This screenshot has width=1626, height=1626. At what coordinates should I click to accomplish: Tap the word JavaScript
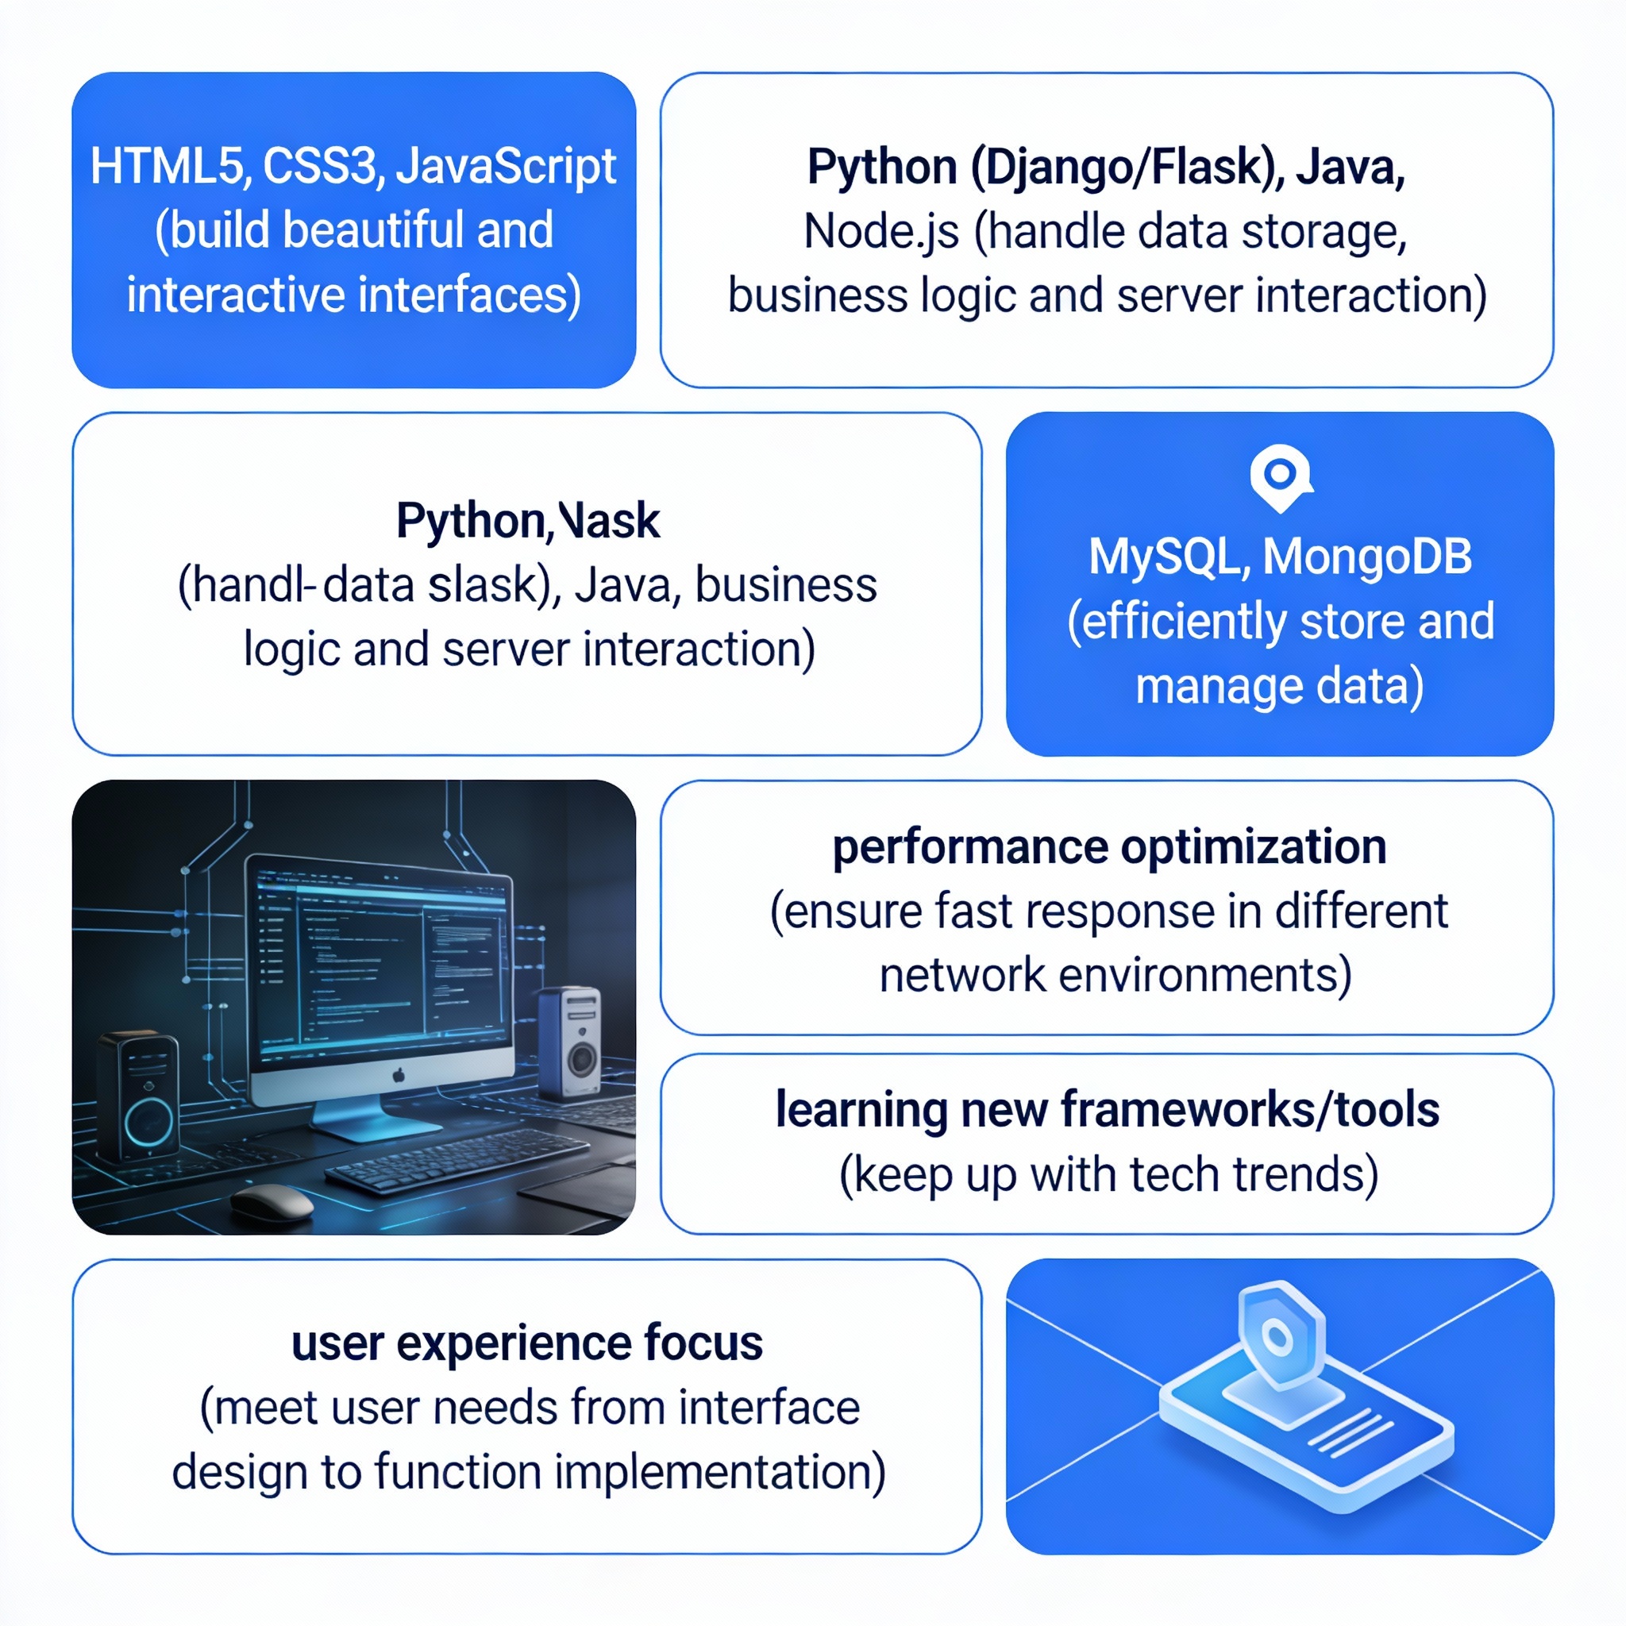pyautogui.click(x=506, y=166)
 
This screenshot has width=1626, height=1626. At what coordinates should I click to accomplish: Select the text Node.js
pyautogui.click(x=881, y=232)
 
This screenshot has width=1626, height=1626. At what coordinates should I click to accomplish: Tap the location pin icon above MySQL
pyautogui.click(x=1280, y=476)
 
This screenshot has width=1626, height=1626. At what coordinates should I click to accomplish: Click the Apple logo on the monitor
pyautogui.click(x=399, y=1075)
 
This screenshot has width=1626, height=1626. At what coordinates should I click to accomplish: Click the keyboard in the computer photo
pyautogui.click(x=454, y=1158)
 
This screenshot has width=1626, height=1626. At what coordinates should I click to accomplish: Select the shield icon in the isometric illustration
pyautogui.click(x=1278, y=1335)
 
